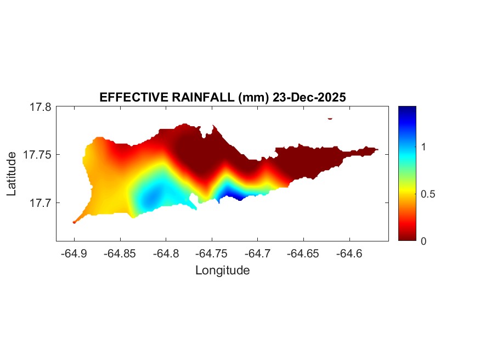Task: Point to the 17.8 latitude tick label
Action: [x=40, y=107]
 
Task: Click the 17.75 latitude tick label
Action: [x=37, y=155]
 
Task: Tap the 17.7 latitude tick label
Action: [x=40, y=203]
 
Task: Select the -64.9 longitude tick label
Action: [x=74, y=254]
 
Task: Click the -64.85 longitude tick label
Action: [x=120, y=254]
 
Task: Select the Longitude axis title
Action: [x=222, y=270]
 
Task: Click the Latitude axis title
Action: [x=12, y=174]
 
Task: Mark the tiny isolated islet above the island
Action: [x=330, y=118]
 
